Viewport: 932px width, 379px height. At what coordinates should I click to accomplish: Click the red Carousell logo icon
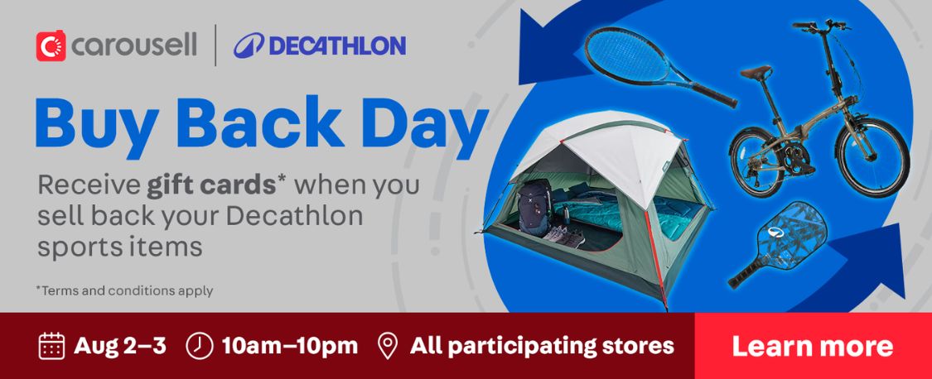coord(51,46)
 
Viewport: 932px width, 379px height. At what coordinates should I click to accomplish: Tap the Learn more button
coord(813,346)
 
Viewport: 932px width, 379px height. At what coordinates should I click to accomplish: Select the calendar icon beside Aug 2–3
coord(51,346)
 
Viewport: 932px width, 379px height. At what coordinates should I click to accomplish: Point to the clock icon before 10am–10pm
coord(199,346)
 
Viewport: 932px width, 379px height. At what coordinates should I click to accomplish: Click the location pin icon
coord(388,346)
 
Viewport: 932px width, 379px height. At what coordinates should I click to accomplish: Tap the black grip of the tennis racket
coord(713,96)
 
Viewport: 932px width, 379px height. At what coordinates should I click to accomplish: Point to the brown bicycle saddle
coord(756,72)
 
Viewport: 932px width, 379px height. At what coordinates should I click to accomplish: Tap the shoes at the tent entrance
coord(565,237)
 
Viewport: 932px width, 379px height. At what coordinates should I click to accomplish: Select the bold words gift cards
coord(212,186)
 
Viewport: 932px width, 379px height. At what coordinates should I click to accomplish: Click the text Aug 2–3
coord(120,346)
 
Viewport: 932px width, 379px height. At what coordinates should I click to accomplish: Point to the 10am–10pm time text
coord(290,346)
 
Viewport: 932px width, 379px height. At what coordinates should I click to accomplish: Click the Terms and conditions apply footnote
coord(124,290)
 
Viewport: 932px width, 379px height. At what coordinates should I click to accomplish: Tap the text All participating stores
coord(542,346)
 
